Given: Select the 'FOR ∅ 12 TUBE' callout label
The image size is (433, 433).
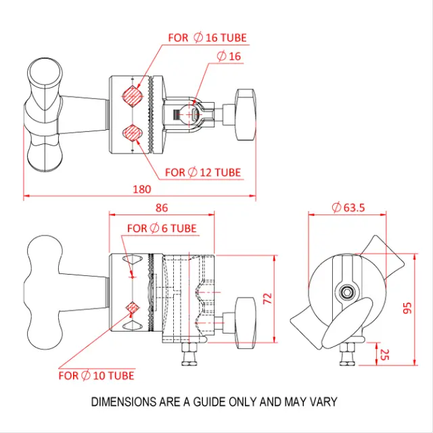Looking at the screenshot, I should tap(203, 173).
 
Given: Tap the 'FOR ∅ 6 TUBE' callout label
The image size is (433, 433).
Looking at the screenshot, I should tap(162, 229).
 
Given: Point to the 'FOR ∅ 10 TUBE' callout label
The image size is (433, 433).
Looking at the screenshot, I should tap(96, 375).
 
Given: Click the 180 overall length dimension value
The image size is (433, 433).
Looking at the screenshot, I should tap(141, 189).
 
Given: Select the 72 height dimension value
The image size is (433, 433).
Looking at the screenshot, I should tap(267, 298).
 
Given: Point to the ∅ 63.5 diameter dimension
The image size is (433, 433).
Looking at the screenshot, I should tap(349, 208).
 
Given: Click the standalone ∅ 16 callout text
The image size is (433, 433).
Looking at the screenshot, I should tap(229, 57).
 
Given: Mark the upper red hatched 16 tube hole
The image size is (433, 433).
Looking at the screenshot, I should tap(133, 95).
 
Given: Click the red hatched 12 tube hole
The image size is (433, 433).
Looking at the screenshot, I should tap(132, 131).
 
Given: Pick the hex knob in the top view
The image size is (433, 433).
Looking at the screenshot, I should tap(244, 114).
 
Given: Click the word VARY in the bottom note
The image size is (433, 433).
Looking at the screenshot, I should tap(322, 402).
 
